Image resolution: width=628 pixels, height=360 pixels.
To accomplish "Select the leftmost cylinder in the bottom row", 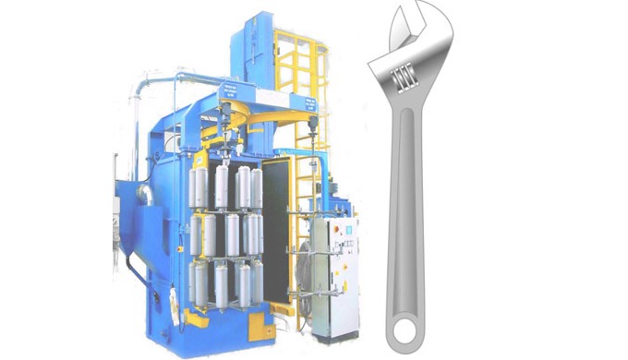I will click(196, 282).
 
